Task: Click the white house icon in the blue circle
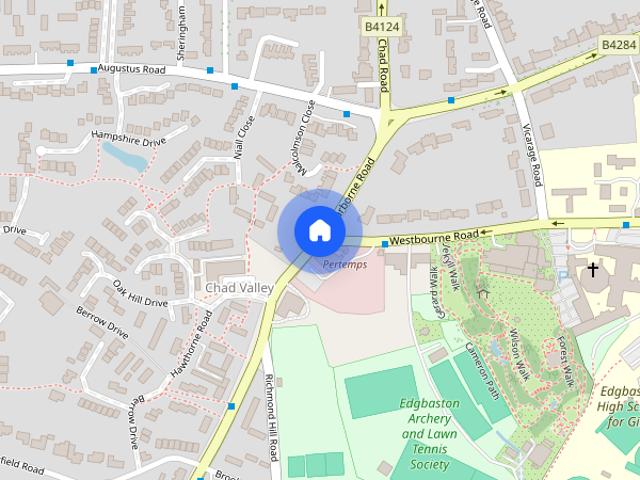pyautogui.click(x=319, y=230)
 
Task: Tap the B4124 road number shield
pyautogui.click(x=381, y=27)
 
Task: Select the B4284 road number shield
pyautogui.click(x=619, y=45)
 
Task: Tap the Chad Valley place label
pyautogui.click(x=239, y=288)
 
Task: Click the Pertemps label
pyautogui.click(x=345, y=265)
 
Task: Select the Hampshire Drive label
pyautogui.click(x=128, y=138)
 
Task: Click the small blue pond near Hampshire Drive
pyautogui.click(x=122, y=155)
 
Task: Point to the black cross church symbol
pyautogui.click(x=593, y=270)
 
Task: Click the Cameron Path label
pyautogui.click(x=481, y=368)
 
